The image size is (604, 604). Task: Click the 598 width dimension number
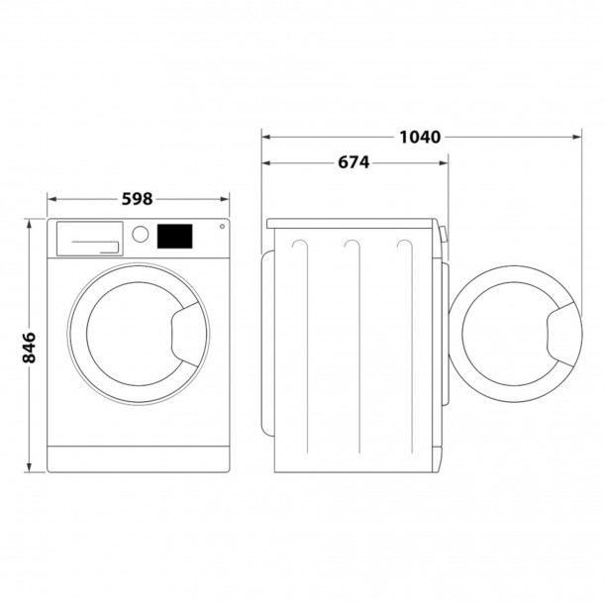pyautogui.click(x=138, y=199)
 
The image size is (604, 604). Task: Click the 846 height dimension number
pyautogui.click(x=29, y=348)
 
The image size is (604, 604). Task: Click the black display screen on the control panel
pyautogui.click(x=175, y=235)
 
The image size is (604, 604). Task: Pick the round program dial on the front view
pyautogui.click(x=141, y=235)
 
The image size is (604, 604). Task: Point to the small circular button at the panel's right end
pyautogui.click(x=221, y=229)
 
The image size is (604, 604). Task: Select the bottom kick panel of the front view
pyautogui.click(x=139, y=457)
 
